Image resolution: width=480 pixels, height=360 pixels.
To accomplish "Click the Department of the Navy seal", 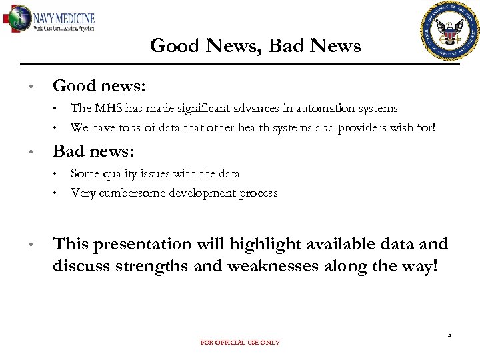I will [x=450, y=31].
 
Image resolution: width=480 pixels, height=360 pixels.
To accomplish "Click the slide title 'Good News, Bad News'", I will [x=255, y=46].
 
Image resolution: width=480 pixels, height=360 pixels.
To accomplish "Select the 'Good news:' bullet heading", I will [x=99, y=86].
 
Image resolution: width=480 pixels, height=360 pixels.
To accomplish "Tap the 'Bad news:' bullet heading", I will [x=93, y=151].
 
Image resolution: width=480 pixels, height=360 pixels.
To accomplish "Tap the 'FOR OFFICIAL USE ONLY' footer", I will [x=240, y=343].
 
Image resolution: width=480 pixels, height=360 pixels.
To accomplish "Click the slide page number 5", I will [x=449, y=335].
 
